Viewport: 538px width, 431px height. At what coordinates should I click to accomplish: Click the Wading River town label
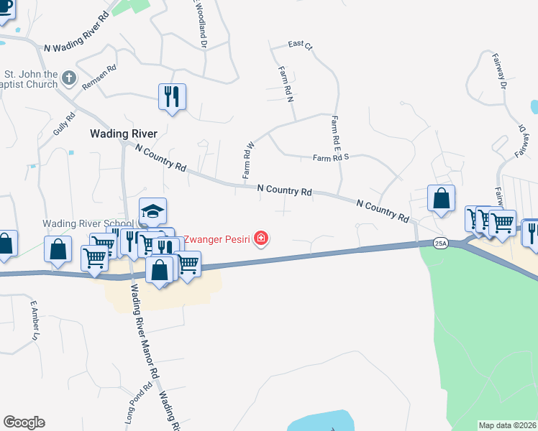pyautogui.click(x=123, y=133)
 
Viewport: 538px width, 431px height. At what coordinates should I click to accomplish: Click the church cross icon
pyautogui.click(x=68, y=77)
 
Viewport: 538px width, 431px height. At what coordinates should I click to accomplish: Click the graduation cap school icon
pyautogui.click(x=152, y=210)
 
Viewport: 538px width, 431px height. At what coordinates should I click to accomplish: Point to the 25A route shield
pyautogui.click(x=441, y=244)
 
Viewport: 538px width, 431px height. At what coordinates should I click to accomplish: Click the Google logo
pyautogui.click(x=24, y=422)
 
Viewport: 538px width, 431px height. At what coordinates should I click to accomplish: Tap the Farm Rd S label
pyautogui.click(x=331, y=157)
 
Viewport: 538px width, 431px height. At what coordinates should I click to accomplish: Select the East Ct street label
pyautogui.click(x=301, y=45)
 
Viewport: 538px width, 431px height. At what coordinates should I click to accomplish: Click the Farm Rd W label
pyautogui.click(x=249, y=160)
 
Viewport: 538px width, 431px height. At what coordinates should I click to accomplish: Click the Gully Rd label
pyautogui.click(x=65, y=126)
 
